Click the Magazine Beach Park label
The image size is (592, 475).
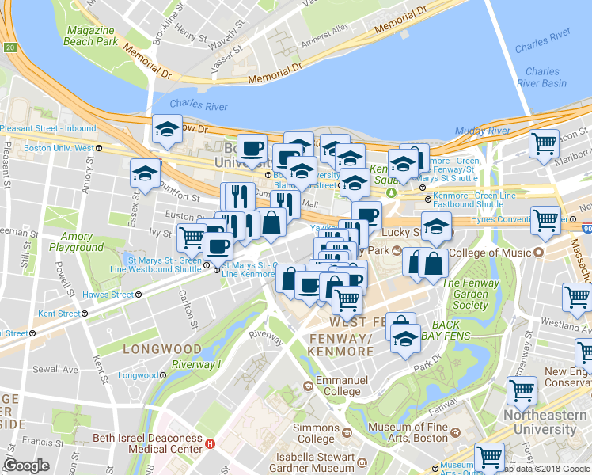90,35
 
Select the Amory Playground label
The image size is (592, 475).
76,241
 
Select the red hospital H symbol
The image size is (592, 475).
210,444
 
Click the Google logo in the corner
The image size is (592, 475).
27,465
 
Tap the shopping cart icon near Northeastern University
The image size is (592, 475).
522,389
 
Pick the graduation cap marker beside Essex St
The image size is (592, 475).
146,172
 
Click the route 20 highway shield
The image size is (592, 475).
9,48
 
